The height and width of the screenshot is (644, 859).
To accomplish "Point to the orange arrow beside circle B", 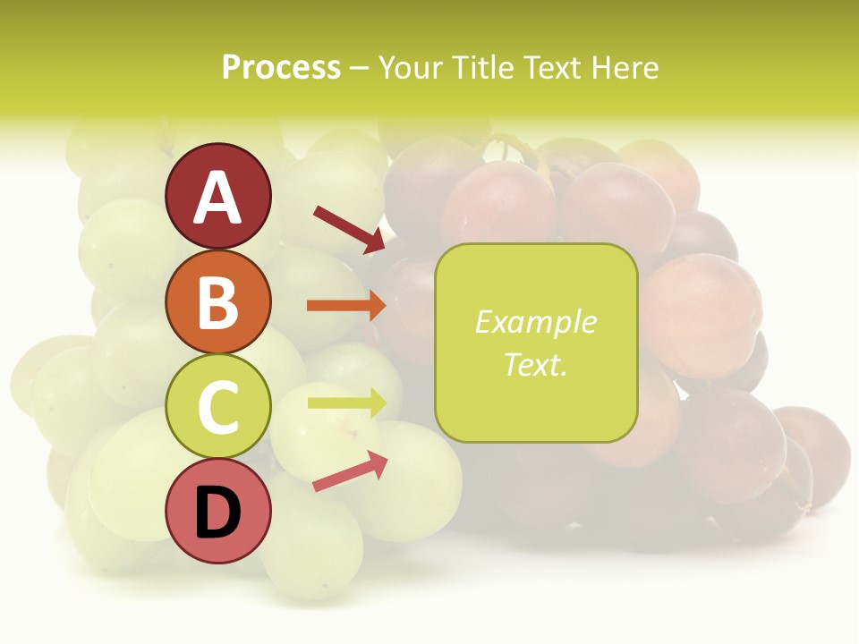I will click(x=346, y=306).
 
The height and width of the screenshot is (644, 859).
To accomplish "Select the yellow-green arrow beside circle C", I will click(x=347, y=402).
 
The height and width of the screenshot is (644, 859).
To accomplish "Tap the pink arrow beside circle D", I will click(x=350, y=471).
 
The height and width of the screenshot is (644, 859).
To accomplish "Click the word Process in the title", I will click(x=281, y=67).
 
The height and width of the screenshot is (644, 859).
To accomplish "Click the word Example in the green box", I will click(x=535, y=322).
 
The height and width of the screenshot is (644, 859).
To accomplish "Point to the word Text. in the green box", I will click(x=535, y=364).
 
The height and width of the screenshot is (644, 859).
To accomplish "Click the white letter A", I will click(x=217, y=199).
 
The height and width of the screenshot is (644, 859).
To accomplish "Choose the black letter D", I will click(x=217, y=514).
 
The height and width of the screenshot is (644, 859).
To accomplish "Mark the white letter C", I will click(x=217, y=408).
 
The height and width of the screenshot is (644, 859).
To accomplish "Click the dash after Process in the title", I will click(x=360, y=69).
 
